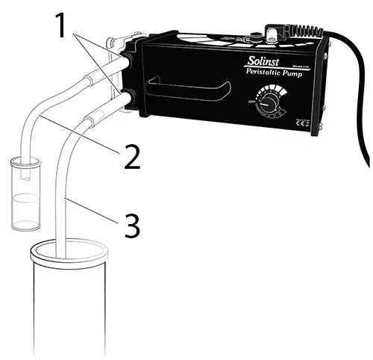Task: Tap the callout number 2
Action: tap(131, 158)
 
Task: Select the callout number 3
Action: tap(131, 226)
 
